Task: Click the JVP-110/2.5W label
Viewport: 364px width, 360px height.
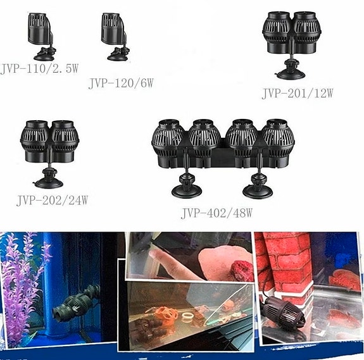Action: pos(39,69)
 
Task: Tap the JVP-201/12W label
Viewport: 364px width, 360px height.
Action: pos(297,94)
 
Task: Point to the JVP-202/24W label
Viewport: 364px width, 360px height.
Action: pos(51,201)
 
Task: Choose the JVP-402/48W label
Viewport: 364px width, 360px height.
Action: pos(217,213)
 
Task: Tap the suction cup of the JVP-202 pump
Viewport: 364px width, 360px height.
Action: pos(49,180)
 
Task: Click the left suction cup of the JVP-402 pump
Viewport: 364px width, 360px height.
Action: pos(186,189)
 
